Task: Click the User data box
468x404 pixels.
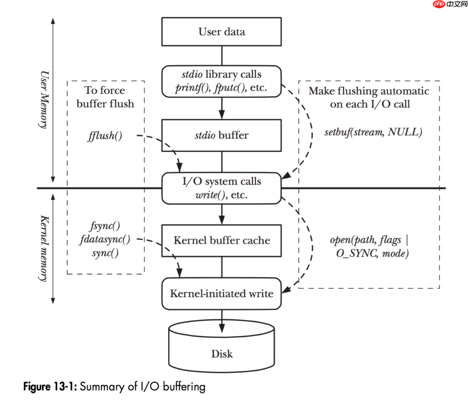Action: [x=221, y=32]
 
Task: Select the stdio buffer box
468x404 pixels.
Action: [x=221, y=135]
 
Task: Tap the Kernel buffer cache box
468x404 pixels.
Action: [x=221, y=240]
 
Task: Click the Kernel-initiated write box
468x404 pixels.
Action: [x=221, y=293]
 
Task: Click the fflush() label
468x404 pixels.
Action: [x=105, y=136]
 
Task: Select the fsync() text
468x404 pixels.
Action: [x=105, y=225]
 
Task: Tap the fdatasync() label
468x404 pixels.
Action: [x=105, y=239]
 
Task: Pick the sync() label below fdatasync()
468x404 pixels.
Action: [x=105, y=253]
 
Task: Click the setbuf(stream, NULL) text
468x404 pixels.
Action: [x=373, y=132]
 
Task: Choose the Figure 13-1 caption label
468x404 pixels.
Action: [x=50, y=386]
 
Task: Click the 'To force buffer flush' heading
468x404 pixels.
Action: [x=105, y=97]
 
